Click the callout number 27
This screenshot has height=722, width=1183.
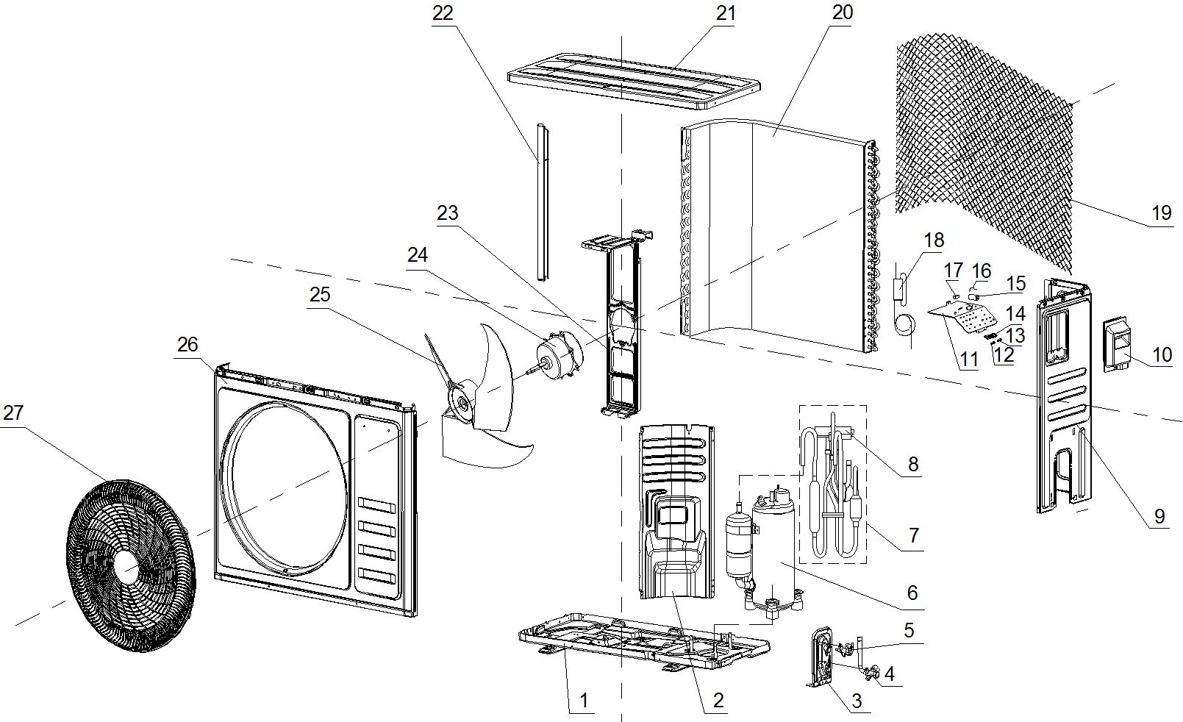pos(13,413)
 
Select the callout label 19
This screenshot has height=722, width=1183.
pos(1161,213)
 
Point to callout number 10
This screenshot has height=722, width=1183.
pos(1162,355)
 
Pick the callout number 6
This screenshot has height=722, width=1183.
pos(912,593)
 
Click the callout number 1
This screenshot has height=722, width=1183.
pos(584,700)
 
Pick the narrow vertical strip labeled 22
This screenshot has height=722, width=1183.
pos(543,202)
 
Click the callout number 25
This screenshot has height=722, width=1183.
pos(320,295)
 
